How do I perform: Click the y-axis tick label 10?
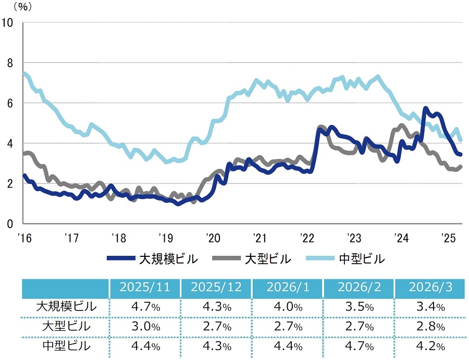[x=8, y=22]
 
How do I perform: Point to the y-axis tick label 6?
[x=10, y=103]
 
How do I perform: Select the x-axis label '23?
[x=354, y=239]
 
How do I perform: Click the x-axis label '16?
[x=24, y=239]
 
